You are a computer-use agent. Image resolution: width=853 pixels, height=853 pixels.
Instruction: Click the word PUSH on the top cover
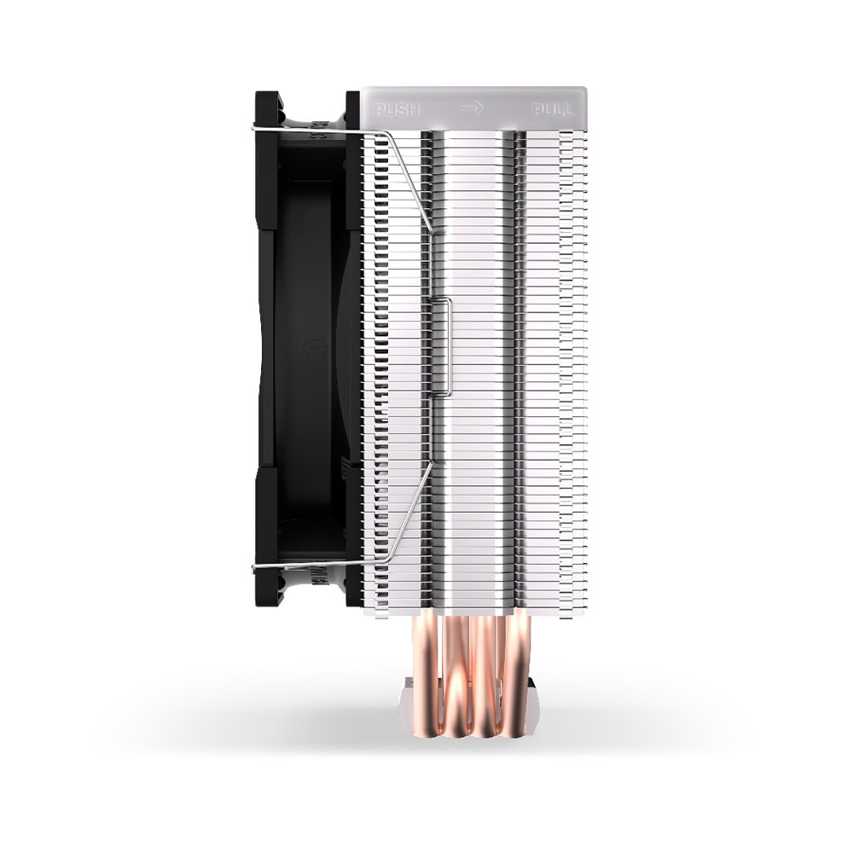397,110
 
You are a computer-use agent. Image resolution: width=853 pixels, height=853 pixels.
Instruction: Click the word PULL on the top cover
552,110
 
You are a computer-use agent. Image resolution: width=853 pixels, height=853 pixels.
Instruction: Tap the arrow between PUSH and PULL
472,108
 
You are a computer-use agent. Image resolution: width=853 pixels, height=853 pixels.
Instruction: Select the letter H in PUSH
414,110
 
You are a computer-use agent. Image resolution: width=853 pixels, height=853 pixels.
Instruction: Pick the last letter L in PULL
568,110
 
